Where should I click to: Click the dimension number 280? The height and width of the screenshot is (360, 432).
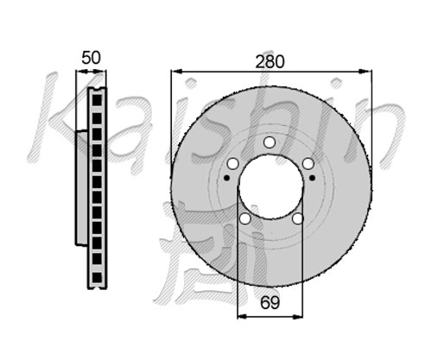click(270, 62)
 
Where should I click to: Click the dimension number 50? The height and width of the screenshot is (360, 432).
click(91, 58)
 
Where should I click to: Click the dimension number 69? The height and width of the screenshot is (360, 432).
click(270, 302)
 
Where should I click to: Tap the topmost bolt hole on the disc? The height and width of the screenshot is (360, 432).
click(270, 142)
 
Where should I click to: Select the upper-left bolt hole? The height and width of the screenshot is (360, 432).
click(232, 164)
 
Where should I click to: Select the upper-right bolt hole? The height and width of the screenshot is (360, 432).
click(308, 164)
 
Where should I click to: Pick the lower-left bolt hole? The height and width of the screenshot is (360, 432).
click(245, 218)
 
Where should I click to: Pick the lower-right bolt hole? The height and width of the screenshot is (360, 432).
click(297, 218)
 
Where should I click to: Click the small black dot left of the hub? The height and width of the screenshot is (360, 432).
click(227, 178)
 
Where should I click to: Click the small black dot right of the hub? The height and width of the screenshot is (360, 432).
click(312, 178)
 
